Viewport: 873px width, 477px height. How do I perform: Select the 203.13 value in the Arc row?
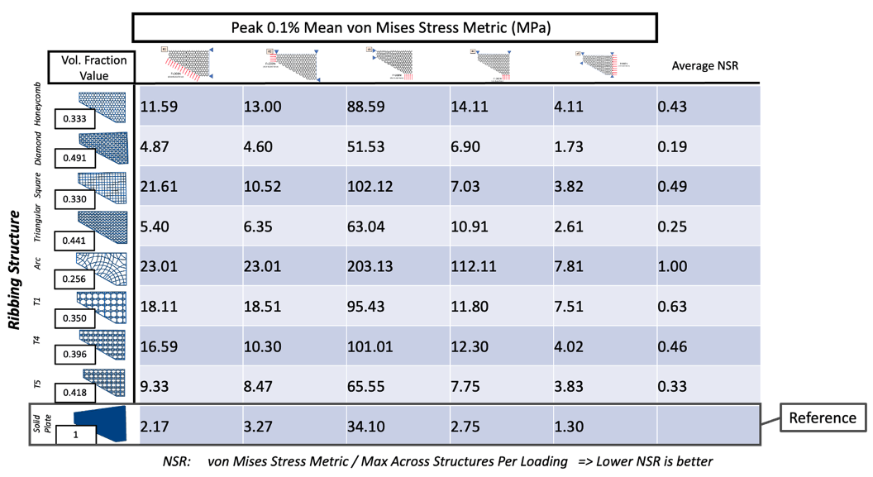[x=369, y=266]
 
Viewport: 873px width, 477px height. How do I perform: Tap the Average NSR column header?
[x=704, y=65]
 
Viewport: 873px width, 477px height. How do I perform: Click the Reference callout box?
[x=823, y=417]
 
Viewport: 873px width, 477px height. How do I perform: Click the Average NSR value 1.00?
[x=673, y=266]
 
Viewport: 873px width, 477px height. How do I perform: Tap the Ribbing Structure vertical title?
[x=14, y=270]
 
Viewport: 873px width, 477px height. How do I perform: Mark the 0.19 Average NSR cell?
[x=673, y=146]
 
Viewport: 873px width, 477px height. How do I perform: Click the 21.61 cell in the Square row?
[x=158, y=187]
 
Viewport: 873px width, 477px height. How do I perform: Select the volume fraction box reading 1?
[x=76, y=433]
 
